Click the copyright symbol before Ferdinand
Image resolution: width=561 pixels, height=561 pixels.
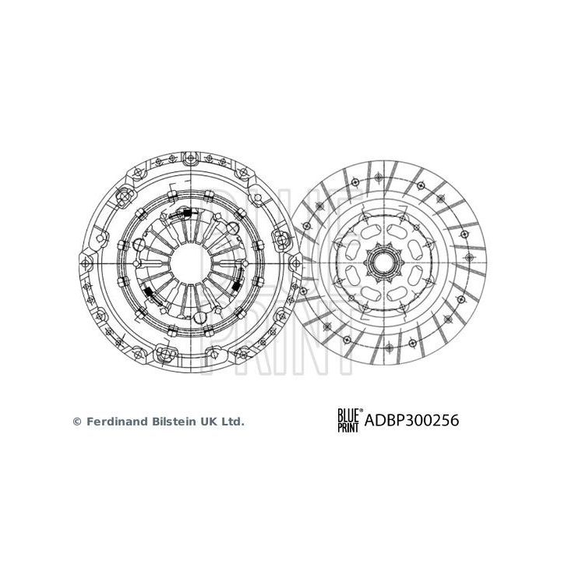pos(76,422)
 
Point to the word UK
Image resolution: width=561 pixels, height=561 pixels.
pos(207,422)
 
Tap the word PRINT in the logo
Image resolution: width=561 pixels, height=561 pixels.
pos(347,427)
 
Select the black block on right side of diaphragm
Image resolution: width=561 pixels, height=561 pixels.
pos(234,288)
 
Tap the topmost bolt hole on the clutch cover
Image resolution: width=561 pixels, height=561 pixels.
pos(188,158)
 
